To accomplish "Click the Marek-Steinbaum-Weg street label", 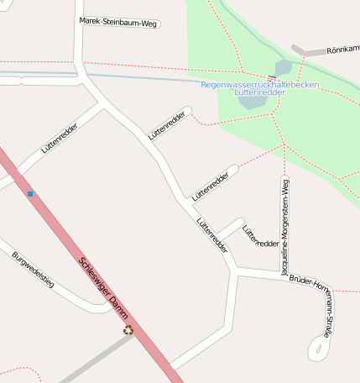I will click(x=118, y=23).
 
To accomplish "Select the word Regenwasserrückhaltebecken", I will click(x=259, y=84).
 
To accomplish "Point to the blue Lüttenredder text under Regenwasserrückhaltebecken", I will click(x=259, y=92).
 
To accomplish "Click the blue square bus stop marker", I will click(x=30, y=194).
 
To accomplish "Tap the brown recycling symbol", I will click(x=128, y=330).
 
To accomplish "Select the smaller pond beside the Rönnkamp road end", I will click(x=284, y=66).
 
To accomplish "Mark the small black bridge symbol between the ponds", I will click(x=272, y=78).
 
